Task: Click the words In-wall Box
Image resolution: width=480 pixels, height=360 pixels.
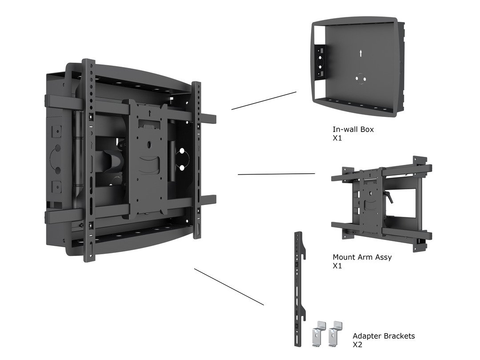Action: click(353, 130)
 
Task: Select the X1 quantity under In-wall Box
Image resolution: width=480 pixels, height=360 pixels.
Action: click(338, 139)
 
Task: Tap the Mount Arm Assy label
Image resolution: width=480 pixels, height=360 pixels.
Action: click(362, 257)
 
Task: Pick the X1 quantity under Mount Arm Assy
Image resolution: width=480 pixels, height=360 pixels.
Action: click(338, 266)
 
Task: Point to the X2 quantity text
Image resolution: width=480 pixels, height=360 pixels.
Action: click(358, 345)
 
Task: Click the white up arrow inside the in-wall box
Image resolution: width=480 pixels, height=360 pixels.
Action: click(360, 53)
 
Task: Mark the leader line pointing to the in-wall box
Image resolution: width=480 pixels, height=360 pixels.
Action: click(264, 100)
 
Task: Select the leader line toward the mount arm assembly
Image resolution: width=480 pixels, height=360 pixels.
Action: click(276, 174)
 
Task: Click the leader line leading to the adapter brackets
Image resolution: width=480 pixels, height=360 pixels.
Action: click(229, 287)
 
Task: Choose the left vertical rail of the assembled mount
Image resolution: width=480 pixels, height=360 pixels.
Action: click(89, 160)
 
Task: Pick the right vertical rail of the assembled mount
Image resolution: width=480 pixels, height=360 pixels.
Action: click(196, 160)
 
